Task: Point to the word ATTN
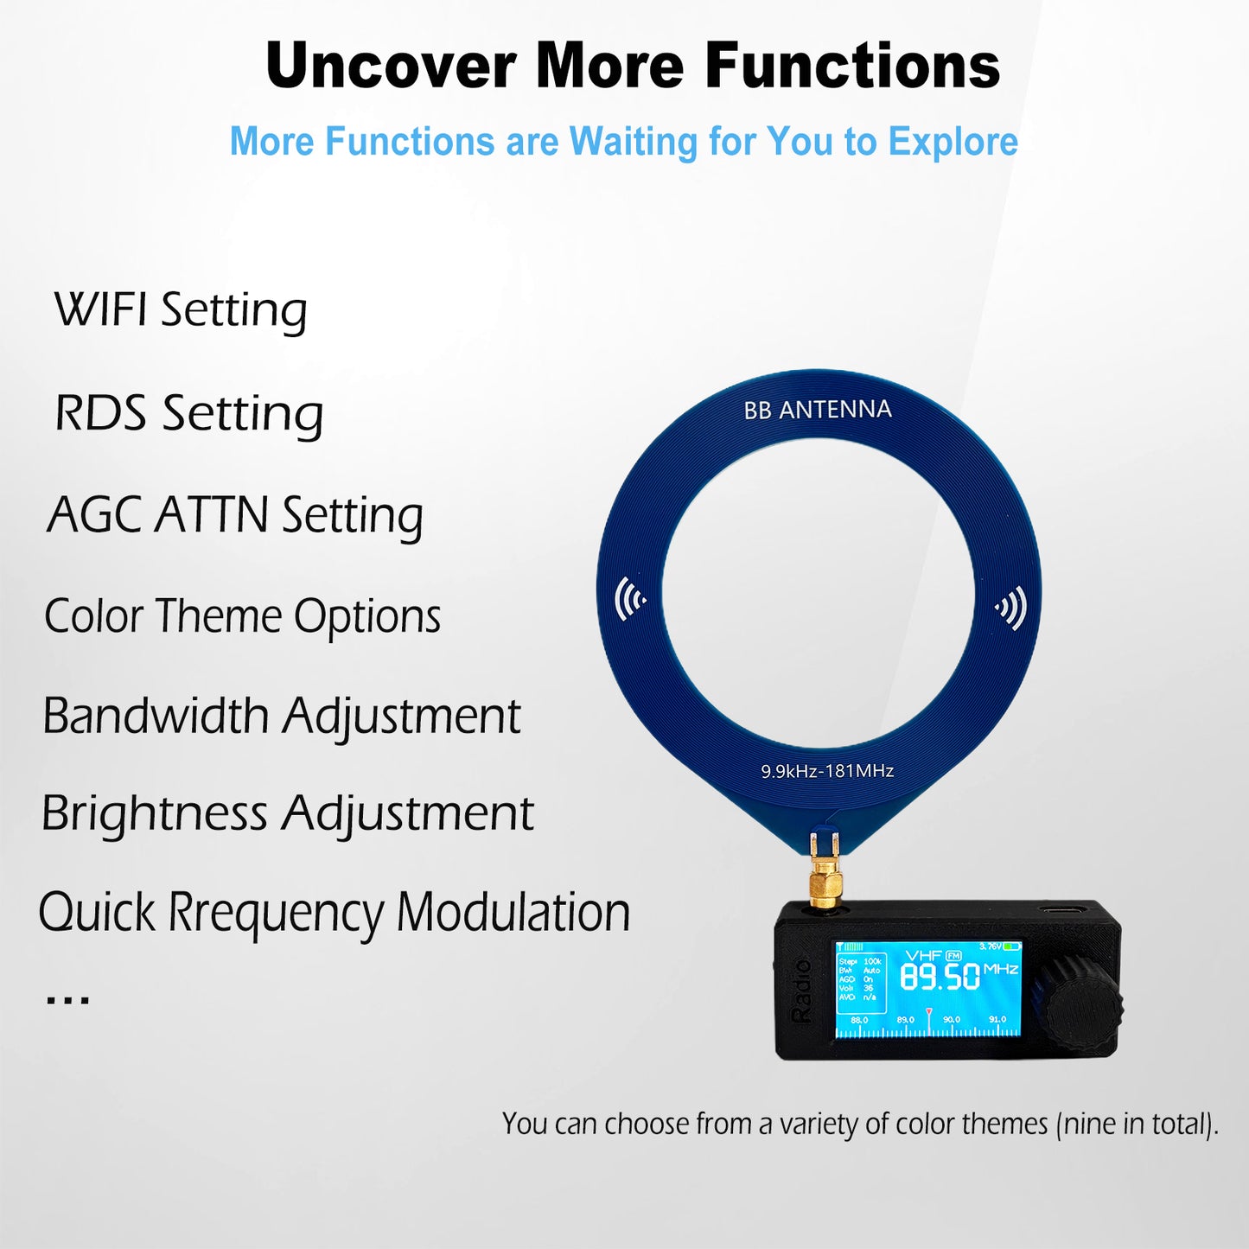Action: tap(211, 515)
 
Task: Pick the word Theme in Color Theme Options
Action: tap(219, 616)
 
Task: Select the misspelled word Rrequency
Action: tap(276, 913)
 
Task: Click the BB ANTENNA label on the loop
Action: tap(818, 410)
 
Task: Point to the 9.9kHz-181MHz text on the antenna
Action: tap(827, 771)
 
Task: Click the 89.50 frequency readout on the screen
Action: tap(940, 977)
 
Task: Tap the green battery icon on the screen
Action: tap(1012, 947)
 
